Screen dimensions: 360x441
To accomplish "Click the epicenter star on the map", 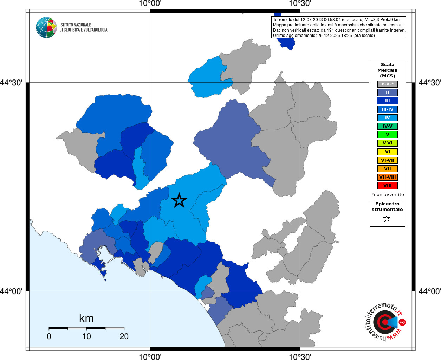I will click(x=179, y=200).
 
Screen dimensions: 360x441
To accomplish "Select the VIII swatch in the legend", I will click(x=387, y=186).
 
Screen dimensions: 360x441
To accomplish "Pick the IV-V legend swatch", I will click(x=387, y=126).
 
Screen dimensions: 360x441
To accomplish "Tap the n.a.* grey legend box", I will click(x=387, y=84).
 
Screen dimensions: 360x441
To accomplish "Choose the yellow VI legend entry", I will click(x=387, y=152).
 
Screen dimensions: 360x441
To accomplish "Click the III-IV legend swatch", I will click(x=387, y=109).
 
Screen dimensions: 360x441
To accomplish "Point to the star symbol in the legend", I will click(x=387, y=219).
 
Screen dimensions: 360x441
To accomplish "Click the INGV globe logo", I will click(x=46, y=27).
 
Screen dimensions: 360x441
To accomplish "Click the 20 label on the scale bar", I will click(x=124, y=336).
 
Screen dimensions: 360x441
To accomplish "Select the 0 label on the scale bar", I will click(x=49, y=336).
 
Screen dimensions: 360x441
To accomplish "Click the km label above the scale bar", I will click(x=86, y=319).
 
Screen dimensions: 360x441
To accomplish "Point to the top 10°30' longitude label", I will click(x=300, y=4).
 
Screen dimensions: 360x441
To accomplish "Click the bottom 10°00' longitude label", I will click(x=150, y=357).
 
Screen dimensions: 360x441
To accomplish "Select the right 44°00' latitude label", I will click(x=429, y=291).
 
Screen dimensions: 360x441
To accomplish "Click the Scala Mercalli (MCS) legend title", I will click(x=387, y=70).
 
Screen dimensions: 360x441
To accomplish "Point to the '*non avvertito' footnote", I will click(x=388, y=195).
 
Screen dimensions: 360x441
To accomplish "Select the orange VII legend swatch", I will click(x=387, y=169).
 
